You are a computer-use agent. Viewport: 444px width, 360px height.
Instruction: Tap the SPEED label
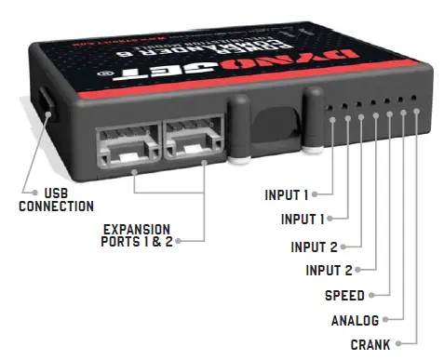coord(344,296)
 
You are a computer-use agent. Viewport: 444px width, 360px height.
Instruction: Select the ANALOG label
coord(355,321)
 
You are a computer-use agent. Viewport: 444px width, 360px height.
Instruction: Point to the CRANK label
coord(370,344)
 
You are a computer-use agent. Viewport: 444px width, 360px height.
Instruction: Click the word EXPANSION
coord(136,229)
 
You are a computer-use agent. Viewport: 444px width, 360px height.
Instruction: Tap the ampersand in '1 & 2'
coord(155,242)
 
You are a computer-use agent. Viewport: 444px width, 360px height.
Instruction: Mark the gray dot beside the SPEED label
coord(372,296)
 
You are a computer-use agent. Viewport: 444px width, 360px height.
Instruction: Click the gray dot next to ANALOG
coord(387,321)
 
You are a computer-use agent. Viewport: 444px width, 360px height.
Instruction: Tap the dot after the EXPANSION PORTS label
coord(177,242)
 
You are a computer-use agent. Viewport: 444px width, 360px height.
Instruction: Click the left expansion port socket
coord(127,144)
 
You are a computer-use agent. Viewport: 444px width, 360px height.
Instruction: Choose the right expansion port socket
coord(193,143)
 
